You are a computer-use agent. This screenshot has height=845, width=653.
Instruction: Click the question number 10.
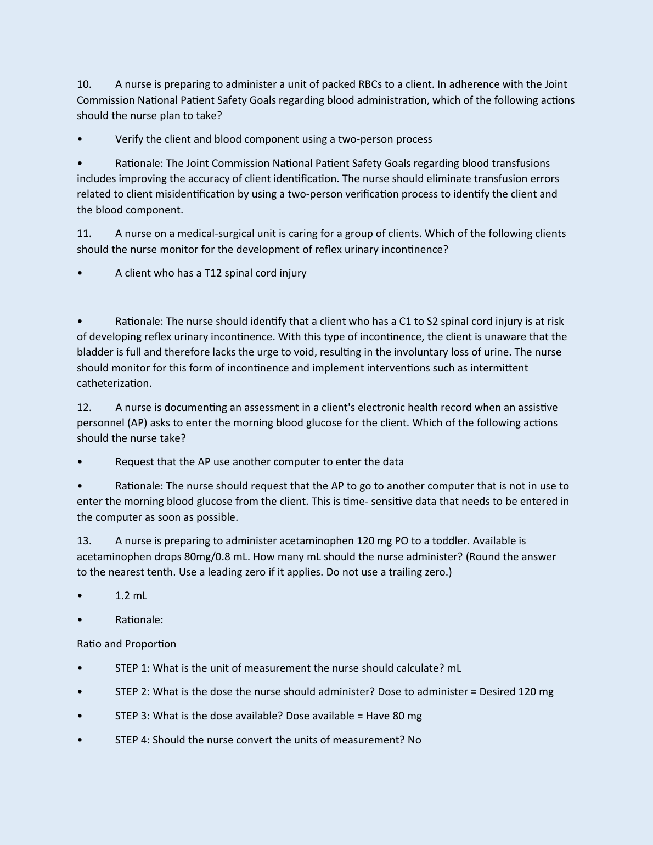pos(84,84)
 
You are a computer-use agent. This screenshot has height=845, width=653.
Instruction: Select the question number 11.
pos(84,234)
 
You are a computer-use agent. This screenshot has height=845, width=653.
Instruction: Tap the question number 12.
pos(84,408)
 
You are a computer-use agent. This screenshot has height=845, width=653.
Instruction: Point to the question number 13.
pos(84,541)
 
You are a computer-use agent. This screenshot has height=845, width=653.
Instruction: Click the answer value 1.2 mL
pos(131,596)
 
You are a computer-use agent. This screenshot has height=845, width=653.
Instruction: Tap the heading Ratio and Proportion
pos(126,644)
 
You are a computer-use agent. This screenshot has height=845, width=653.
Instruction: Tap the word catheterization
pos(114,384)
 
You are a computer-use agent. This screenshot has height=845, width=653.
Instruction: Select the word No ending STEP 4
pos(414,740)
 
